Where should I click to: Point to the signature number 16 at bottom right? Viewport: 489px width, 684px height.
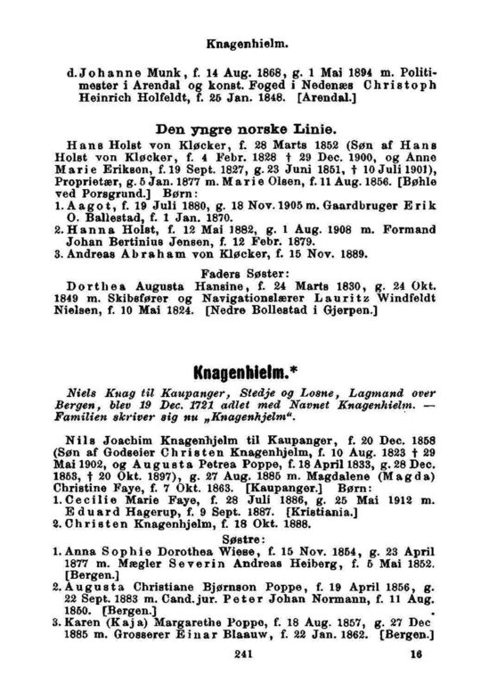(415, 653)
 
